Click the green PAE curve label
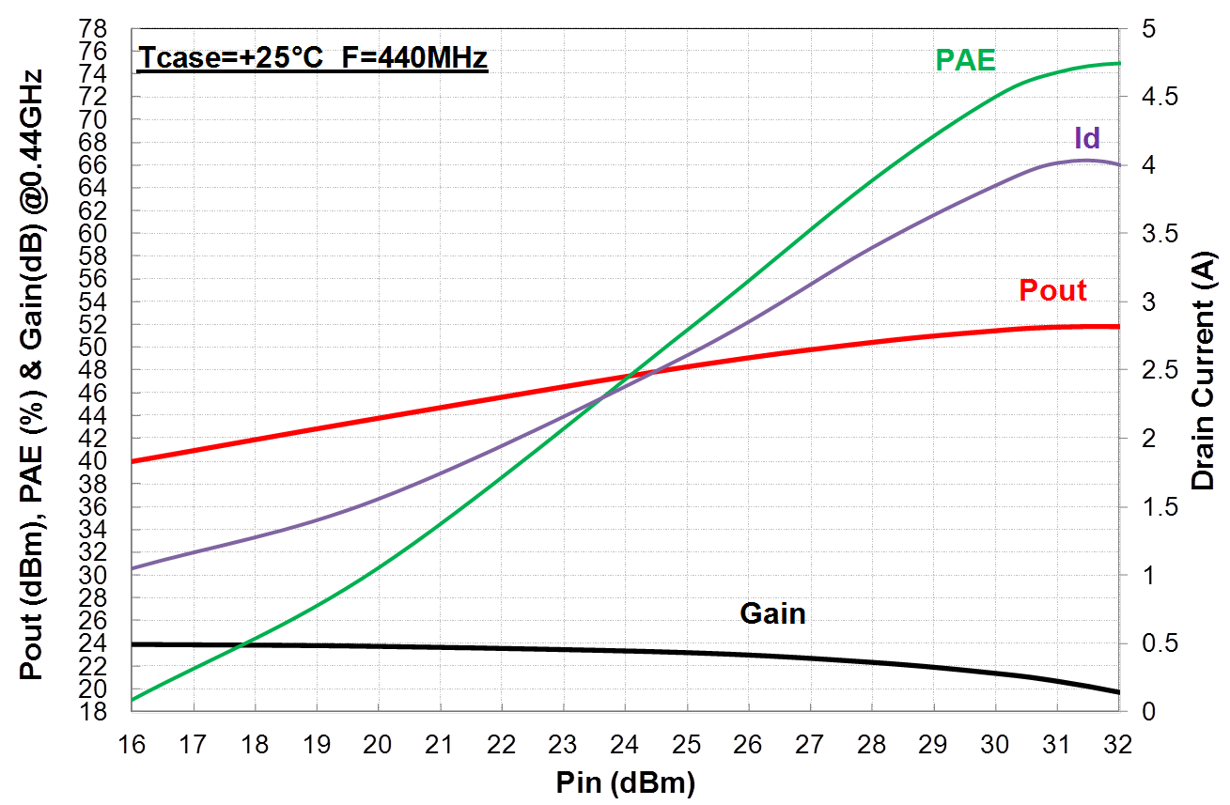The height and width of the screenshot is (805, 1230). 965,60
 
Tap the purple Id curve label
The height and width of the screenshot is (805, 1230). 1087,139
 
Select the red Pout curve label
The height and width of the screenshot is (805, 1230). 1052,290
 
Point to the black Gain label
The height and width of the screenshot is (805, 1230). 772,613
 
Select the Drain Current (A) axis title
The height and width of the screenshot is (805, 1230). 1203,369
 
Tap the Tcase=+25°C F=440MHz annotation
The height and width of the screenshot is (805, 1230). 312,59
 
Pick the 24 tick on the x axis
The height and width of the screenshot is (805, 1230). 624,744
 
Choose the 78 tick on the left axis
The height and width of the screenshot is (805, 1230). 105,28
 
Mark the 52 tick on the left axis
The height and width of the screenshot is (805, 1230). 105,325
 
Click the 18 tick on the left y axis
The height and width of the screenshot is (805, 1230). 105,712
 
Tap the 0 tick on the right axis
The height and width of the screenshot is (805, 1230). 1141,712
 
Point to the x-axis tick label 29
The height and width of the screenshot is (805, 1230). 933,744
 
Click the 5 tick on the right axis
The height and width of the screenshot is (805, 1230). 1141,28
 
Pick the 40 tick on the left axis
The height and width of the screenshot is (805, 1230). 105,461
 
